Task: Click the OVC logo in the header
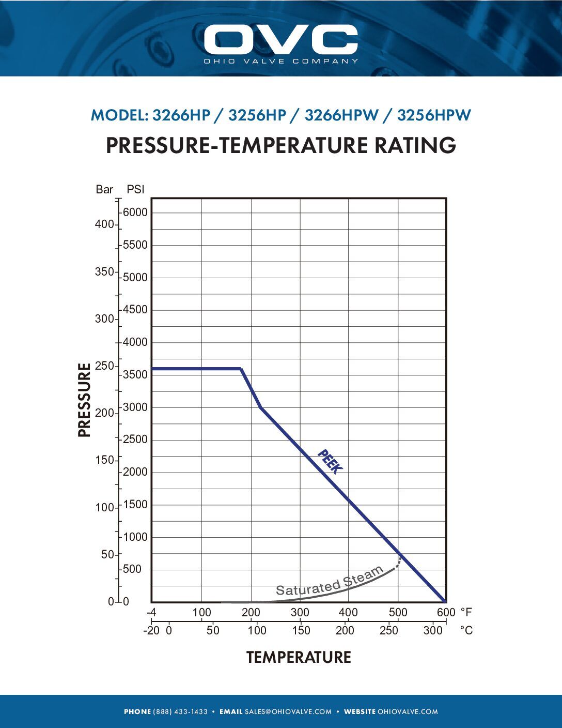click(280, 40)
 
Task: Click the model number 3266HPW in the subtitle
click(341, 115)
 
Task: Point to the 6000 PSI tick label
click(135, 213)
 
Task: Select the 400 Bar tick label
click(104, 224)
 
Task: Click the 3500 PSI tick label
click(135, 375)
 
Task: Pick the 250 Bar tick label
click(104, 366)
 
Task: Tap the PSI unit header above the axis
click(135, 189)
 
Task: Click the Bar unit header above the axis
click(104, 189)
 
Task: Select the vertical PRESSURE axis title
click(84, 400)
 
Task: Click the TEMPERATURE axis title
click(299, 657)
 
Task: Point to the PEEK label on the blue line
click(330, 461)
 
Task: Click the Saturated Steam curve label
click(329, 581)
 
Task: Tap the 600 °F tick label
click(446, 613)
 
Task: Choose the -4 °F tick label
click(151, 613)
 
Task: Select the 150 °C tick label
click(301, 631)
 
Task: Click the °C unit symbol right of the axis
click(466, 631)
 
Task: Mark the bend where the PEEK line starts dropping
click(241, 369)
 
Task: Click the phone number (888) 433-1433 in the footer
click(180, 712)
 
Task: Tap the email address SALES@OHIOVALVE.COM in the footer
click(288, 712)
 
